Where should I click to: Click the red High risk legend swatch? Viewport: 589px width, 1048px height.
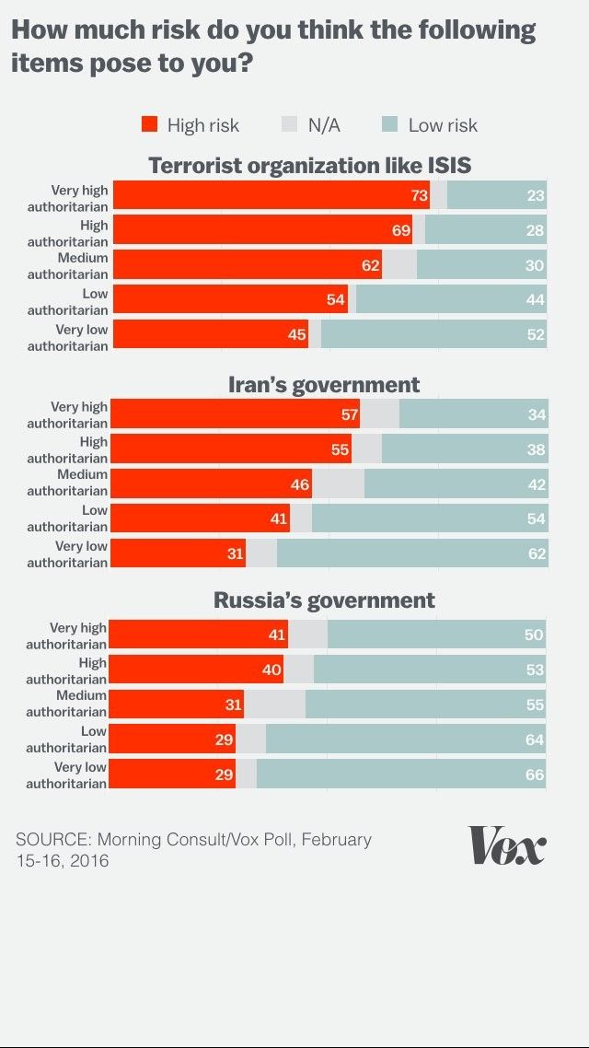point(150,124)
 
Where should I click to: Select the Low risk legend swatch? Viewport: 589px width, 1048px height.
point(389,124)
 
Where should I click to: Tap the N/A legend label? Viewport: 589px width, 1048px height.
point(324,125)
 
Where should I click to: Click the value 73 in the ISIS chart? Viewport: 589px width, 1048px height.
point(419,195)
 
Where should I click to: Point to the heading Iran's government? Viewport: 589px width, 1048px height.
point(324,385)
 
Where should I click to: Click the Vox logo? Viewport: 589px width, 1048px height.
point(507,844)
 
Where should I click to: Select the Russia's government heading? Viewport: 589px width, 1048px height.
point(324,600)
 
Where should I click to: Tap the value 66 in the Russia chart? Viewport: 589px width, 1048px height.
point(535,774)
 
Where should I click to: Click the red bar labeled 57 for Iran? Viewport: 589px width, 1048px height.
point(236,414)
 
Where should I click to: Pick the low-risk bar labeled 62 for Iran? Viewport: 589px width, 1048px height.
point(411,553)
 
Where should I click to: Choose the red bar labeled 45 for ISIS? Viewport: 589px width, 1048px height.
point(210,334)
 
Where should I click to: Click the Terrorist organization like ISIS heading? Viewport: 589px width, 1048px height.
point(310,166)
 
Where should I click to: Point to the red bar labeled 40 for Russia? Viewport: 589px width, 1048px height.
point(196,670)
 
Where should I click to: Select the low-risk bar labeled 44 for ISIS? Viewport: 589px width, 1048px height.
point(451,299)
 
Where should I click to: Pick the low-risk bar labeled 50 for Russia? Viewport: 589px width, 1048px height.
point(436,635)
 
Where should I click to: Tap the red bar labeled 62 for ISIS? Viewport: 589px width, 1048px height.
point(247,265)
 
